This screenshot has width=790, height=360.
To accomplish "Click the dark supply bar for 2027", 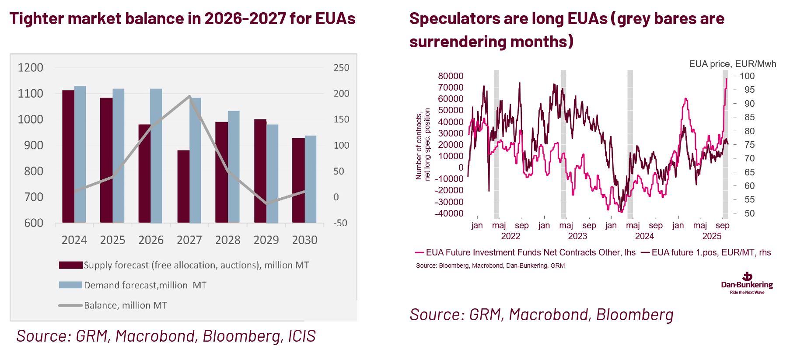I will click(x=183, y=186).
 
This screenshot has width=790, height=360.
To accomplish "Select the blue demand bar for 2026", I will click(x=156, y=155).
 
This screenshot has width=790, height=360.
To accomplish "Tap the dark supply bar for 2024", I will click(x=68, y=156).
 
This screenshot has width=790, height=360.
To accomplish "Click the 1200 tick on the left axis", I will click(x=30, y=68).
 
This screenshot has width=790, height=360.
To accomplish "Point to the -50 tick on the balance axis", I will click(x=340, y=223).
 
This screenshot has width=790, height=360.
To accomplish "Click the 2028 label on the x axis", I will click(x=227, y=240).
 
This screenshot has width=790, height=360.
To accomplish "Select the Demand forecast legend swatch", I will click(x=70, y=285).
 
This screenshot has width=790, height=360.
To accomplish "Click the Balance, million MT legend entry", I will click(x=125, y=305).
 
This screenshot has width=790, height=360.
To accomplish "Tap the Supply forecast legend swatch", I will click(x=70, y=265).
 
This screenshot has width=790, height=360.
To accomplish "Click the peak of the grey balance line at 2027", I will click(x=189, y=96).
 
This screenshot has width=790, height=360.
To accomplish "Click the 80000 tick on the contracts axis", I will click(x=451, y=76).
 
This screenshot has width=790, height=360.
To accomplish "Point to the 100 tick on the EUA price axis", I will click(x=747, y=76).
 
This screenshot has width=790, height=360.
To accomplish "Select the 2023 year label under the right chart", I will click(x=577, y=236).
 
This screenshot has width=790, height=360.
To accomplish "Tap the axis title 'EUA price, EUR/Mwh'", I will click(x=732, y=64).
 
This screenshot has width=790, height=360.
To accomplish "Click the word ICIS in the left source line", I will click(x=302, y=336).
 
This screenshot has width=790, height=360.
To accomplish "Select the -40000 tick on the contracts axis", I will click(x=449, y=213).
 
